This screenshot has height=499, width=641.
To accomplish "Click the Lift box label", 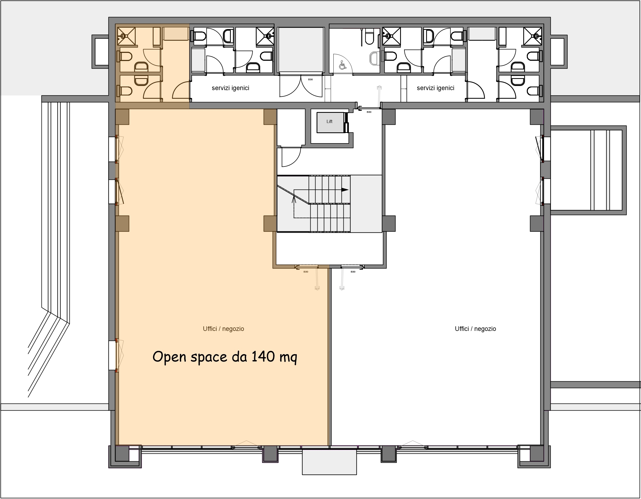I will tap(329, 121).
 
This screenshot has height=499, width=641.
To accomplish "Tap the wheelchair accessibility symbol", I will tap(342, 65).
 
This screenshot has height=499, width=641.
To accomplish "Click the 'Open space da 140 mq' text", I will tap(225, 357).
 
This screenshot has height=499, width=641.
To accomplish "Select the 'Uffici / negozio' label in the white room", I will tap(475, 329).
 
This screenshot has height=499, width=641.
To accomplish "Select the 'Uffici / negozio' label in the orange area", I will tap(223, 329).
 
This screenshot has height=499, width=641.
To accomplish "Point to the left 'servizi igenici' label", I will tap(230, 88).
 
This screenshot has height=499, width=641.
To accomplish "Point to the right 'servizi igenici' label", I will tap(435, 88).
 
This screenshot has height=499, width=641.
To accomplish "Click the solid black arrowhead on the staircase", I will tap(345, 190).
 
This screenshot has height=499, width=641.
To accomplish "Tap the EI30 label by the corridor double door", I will tap(310, 79).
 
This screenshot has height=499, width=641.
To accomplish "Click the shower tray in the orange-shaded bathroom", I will tap(126, 36).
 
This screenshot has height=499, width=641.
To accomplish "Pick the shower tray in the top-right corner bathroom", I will tap(533, 36).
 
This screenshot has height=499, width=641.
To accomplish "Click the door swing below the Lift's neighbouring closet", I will tap(291, 157).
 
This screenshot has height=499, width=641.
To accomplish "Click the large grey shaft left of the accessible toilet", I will tap(301, 50).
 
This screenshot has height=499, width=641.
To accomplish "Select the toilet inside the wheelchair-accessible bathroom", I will tap(369, 37).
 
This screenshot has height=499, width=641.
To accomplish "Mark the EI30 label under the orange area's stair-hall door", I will tap(306, 272).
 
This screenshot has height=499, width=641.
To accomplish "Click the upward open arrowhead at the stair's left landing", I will tap(294, 200).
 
